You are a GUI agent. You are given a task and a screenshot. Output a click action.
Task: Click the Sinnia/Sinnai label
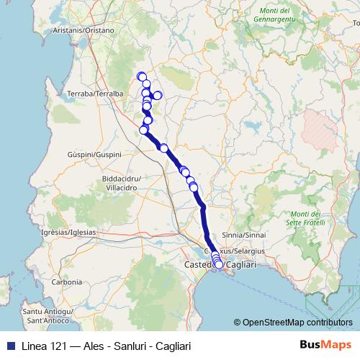(244, 235)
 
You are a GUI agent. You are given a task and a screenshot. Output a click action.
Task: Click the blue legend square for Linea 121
(9, 346)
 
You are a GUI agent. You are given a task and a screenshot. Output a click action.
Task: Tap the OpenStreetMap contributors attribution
(296, 323)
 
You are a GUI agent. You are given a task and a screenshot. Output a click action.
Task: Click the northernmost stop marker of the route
(142, 77)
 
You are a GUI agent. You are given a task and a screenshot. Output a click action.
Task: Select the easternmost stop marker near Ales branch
(157, 95)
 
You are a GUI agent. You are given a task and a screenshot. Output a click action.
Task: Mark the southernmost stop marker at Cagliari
(219, 264)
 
